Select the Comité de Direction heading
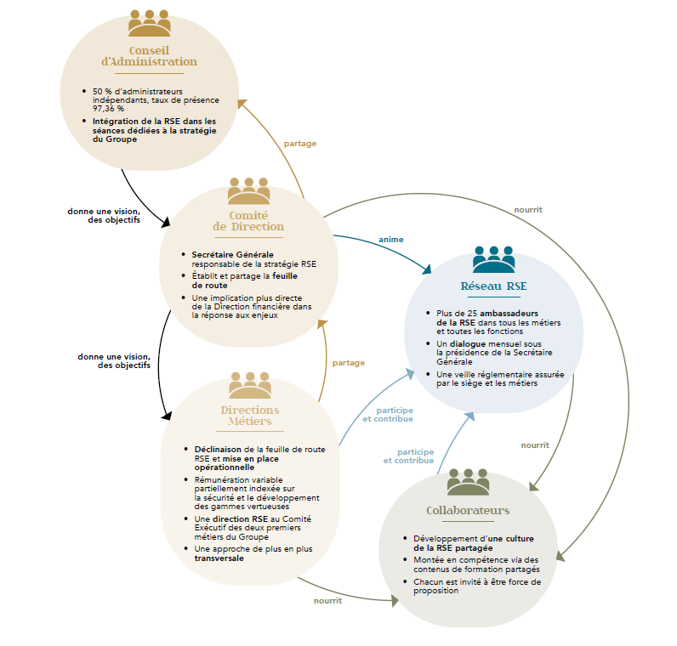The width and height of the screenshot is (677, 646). pyautogui.click(x=248, y=221)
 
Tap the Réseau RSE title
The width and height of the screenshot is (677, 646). pyautogui.click(x=493, y=286)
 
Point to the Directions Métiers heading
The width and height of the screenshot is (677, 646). pyautogui.click(x=249, y=416)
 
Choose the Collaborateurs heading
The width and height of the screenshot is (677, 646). pyautogui.click(x=468, y=510)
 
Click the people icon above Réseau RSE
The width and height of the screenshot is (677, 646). pyautogui.click(x=493, y=258)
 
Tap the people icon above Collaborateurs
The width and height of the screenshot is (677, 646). pyautogui.click(x=468, y=481)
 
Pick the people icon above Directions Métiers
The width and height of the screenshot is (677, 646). pyautogui.click(x=249, y=385)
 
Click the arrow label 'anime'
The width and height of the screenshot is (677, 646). pyautogui.click(x=391, y=240)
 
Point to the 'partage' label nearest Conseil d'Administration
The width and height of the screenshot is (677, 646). pyautogui.click(x=299, y=144)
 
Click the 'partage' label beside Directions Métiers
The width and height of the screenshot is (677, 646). pyautogui.click(x=349, y=363)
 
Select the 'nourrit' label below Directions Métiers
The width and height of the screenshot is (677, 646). pyautogui.click(x=327, y=600)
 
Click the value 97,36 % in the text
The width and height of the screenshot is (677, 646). pyautogui.click(x=109, y=109)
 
